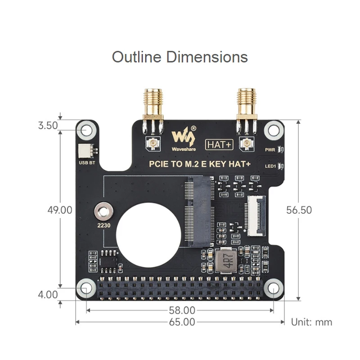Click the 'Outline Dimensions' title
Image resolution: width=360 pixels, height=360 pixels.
coord(180,57)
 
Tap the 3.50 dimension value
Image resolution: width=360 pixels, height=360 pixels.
coord(48,126)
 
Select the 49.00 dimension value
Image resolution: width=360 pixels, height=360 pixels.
coord(60,210)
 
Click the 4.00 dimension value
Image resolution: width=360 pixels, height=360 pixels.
coord(48,295)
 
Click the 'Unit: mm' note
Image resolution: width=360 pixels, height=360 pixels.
coord(311,322)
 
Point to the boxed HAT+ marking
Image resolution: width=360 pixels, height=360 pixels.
coord(219,144)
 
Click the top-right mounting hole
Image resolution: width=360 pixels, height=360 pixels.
coord(273,130)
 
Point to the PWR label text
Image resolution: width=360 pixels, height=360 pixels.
coord(270,149)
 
